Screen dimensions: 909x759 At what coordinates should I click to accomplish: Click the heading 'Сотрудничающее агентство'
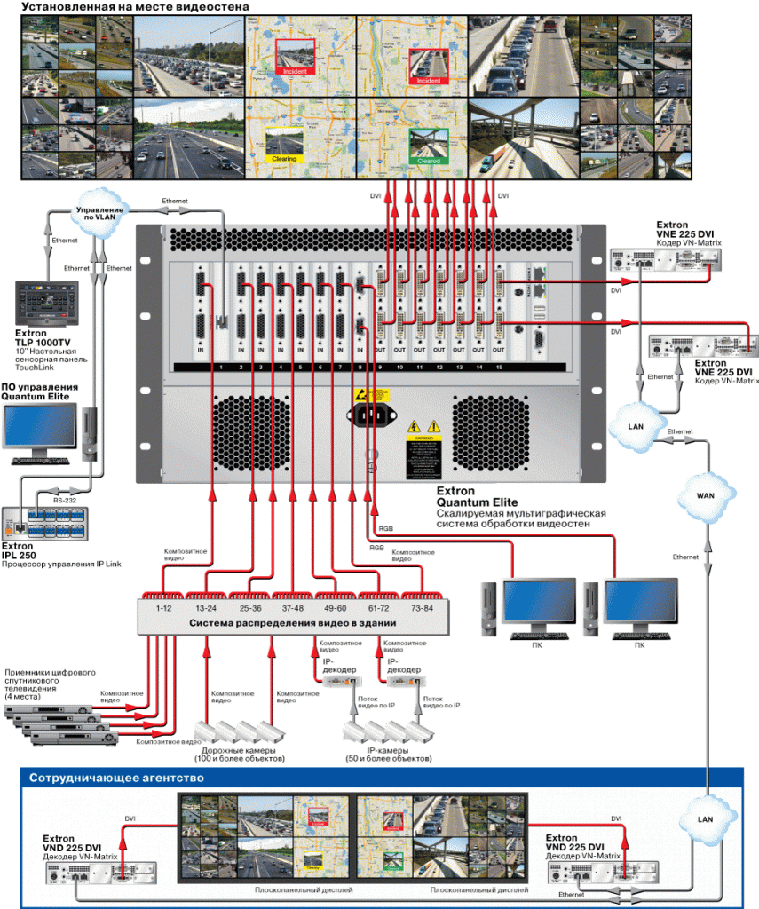pos(116,778)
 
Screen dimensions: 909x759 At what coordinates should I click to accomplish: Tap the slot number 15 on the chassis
pos(500,367)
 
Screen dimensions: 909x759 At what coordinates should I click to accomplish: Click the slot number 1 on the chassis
pos(217,367)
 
